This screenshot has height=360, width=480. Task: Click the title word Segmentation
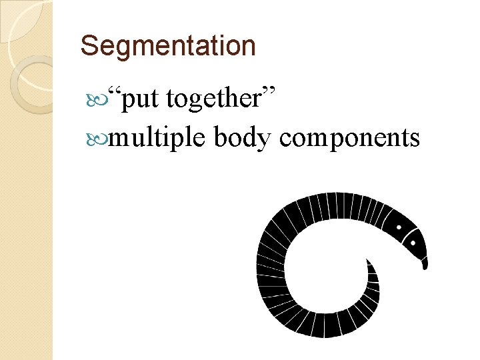[x=167, y=46]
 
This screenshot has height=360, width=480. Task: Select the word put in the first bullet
[x=143, y=100]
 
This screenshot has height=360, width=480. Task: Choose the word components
[x=349, y=139]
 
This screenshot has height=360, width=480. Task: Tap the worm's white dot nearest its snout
[x=409, y=234]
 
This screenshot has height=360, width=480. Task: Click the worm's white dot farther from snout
[x=399, y=227]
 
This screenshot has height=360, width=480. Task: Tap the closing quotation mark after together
[x=270, y=93]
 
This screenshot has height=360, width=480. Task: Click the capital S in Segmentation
[x=87, y=46]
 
